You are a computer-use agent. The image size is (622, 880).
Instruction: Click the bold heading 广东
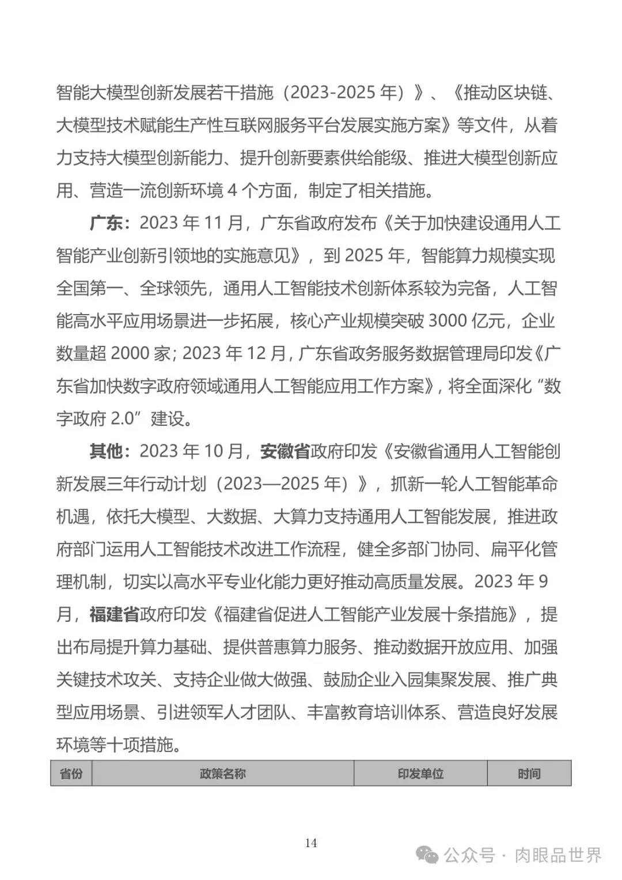coord(106,222)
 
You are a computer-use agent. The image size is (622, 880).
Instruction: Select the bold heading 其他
coord(106,451)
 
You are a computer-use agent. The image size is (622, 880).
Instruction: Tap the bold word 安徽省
coord(285,451)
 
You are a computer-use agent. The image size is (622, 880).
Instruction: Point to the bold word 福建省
coord(115,614)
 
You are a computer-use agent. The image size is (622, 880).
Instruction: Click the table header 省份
coord(71,774)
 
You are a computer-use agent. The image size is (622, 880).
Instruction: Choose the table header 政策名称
coord(222,774)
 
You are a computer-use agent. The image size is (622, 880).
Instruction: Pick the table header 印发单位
coord(420,774)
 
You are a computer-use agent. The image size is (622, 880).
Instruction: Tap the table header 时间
coord(529,774)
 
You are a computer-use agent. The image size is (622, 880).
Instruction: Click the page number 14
coord(311,843)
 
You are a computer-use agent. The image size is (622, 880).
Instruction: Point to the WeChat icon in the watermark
coord(429,855)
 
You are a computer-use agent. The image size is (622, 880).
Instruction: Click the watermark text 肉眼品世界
coord(558,855)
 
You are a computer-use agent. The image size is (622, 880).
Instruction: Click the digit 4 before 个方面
coord(232,190)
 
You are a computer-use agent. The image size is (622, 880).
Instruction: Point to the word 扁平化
coord(515,549)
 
